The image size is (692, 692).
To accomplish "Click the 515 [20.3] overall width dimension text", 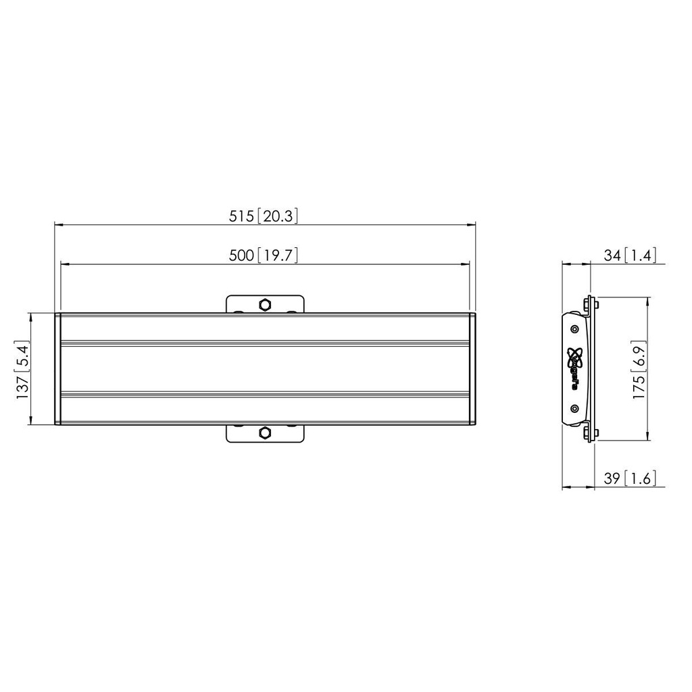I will point(264,216).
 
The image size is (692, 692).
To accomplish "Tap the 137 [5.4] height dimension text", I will point(22,369).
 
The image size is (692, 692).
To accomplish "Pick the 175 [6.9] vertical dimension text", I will point(639,369).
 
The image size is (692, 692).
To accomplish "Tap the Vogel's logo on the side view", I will point(575,365).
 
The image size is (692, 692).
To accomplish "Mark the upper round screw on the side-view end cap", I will point(574,329).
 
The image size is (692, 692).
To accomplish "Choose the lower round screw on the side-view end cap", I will point(574,408).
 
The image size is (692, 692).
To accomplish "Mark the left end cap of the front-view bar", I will point(57,369).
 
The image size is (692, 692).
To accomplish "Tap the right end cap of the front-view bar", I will point(473,369).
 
